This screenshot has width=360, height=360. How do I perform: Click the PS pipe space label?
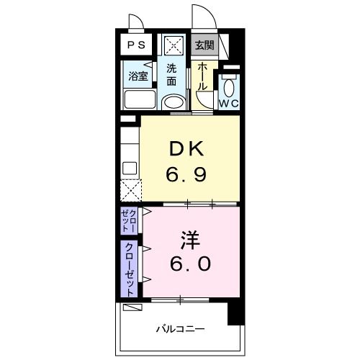(135, 45)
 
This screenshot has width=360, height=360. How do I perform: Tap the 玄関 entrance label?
(204, 45)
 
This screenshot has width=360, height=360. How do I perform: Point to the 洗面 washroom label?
(172, 75)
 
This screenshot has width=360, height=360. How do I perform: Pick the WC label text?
(228, 103)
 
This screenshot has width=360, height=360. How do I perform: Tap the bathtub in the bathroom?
(137, 99)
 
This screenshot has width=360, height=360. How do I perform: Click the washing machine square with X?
(173, 45)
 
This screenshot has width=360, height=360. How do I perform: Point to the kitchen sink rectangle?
(130, 168)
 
